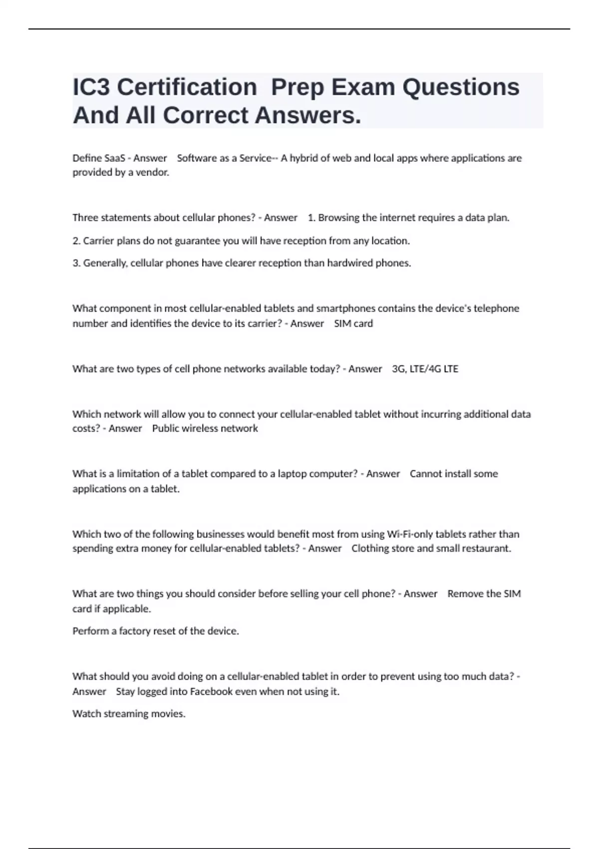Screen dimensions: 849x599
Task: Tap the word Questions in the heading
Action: tap(461, 87)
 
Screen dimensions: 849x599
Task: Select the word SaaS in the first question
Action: tap(114, 158)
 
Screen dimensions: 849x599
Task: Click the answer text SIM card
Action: tap(353, 324)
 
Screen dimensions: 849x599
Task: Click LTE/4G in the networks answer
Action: tap(425, 369)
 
